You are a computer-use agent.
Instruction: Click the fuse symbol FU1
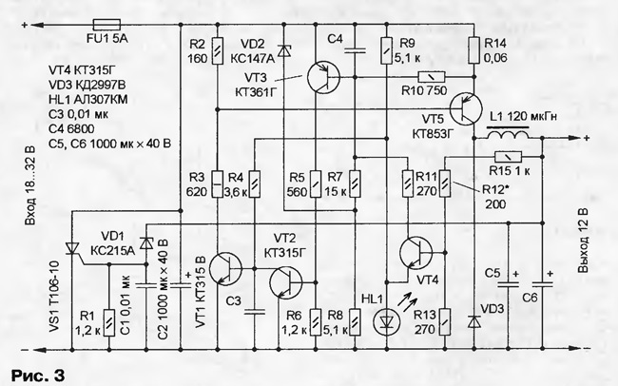pyautogui.click(x=106, y=25)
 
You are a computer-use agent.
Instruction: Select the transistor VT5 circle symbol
pyautogui.click(x=466, y=109)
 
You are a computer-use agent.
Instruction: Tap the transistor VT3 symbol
pyautogui.click(x=323, y=77)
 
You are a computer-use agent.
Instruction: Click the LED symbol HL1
pyautogui.click(x=387, y=322)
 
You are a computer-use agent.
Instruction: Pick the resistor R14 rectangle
pyautogui.click(x=474, y=50)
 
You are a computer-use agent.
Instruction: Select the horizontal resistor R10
pyautogui.click(x=432, y=77)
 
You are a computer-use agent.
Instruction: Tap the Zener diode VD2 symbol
pyautogui.click(x=283, y=50)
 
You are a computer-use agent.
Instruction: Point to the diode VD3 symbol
pyautogui.click(x=474, y=321)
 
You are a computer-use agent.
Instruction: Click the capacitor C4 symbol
pyautogui.click(x=355, y=50)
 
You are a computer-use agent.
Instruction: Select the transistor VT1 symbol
pyautogui.click(x=225, y=269)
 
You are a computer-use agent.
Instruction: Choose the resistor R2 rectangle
pyautogui.click(x=217, y=50)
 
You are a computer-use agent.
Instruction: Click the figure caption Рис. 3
pyautogui.click(x=38, y=375)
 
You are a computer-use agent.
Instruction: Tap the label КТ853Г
pyautogui.click(x=434, y=134)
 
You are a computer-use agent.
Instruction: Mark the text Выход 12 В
pyautogui.click(x=584, y=241)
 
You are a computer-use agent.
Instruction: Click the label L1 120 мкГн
pyautogui.click(x=524, y=117)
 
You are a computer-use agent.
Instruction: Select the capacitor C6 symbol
pyautogui.click(x=542, y=284)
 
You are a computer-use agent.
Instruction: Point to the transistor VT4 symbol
pyautogui.click(x=415, y=252)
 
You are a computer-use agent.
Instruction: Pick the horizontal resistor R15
pyautogui.click(x=508, y=157)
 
